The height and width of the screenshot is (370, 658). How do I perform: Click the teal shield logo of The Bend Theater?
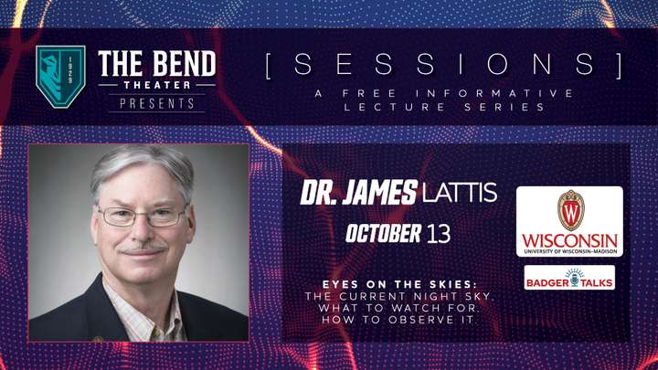pyautogui.click(x=61, y=77)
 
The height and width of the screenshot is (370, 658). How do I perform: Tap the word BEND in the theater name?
pyautogui.click(x=184, y=64)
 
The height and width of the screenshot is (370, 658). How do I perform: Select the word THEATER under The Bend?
pyautogui.click(x=157, y=85)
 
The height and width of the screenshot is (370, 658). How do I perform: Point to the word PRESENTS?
pyautogui.click(x=157, y=103)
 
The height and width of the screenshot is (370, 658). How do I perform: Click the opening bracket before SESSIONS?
pyautogui.click(x=269, y=65)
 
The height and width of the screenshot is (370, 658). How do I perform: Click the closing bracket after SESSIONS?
pyautogui.click(x=619, y=65)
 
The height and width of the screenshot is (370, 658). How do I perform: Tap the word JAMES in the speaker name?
pyautogui.click(x=380, y=193)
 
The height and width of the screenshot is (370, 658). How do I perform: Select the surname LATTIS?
pyautogui.click(x=460, y=193)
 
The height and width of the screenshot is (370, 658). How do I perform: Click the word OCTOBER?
pyautogui.click(x=384, y=233)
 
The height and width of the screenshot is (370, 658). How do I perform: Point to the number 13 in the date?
pyautogui.click(x=439, y=234)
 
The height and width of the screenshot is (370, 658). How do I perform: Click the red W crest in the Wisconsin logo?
pyautogui.click(x=570, y=210)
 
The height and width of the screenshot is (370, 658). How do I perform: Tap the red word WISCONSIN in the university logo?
pyautogui.click(x=569, y=241)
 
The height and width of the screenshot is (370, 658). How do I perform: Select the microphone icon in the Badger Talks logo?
pyautogui.click(x=575, y=278)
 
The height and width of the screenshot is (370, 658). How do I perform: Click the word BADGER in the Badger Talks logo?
pyautogui.click(x=547, y=282)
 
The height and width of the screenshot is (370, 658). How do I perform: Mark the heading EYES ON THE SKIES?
pyautogui.click(x=399, y=284)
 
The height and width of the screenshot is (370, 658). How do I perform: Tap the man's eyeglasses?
pyautogui.click(x=142, y=216)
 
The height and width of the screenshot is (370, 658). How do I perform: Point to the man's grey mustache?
pyautogui.click(x=143, y=248)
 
